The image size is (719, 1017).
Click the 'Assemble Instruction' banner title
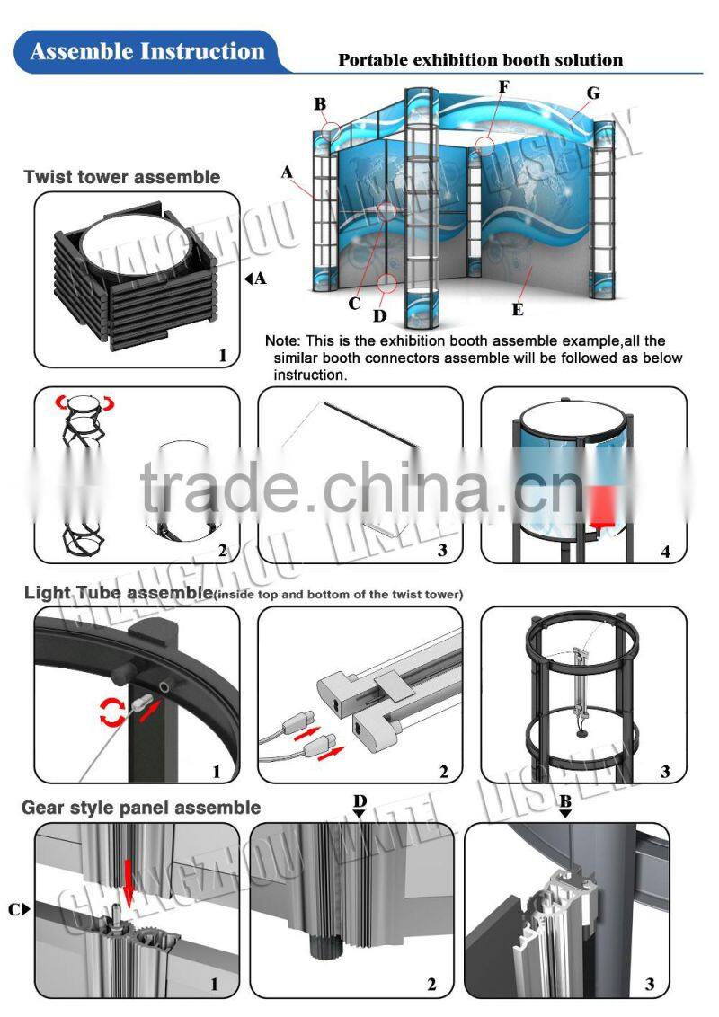click(x=147, y=51)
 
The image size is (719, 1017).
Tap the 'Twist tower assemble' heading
click(x=122, y=177)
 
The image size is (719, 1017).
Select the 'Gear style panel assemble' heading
click(x=141, y=808)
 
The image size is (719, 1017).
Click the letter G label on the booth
click(x=592, y=93)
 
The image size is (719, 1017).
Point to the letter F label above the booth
click(x=503, y=87)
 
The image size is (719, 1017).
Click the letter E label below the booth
click(x=517, y=309)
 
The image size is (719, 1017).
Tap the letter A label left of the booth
click(x=288, y=171)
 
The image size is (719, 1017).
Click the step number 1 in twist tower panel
click(x=222, y=356)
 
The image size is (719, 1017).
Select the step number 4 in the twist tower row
click(x=666, y=551)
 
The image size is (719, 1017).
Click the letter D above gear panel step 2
click(x=359, y=800)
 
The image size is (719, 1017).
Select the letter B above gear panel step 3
click(x=565, y=800)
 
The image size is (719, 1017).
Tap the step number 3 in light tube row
click(x=665, y=771)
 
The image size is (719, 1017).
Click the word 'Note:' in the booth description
click(x=283, y=341)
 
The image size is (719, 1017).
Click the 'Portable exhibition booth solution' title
click(x=480, y=60)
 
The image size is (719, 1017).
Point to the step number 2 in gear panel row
click(x=431, y=986)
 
